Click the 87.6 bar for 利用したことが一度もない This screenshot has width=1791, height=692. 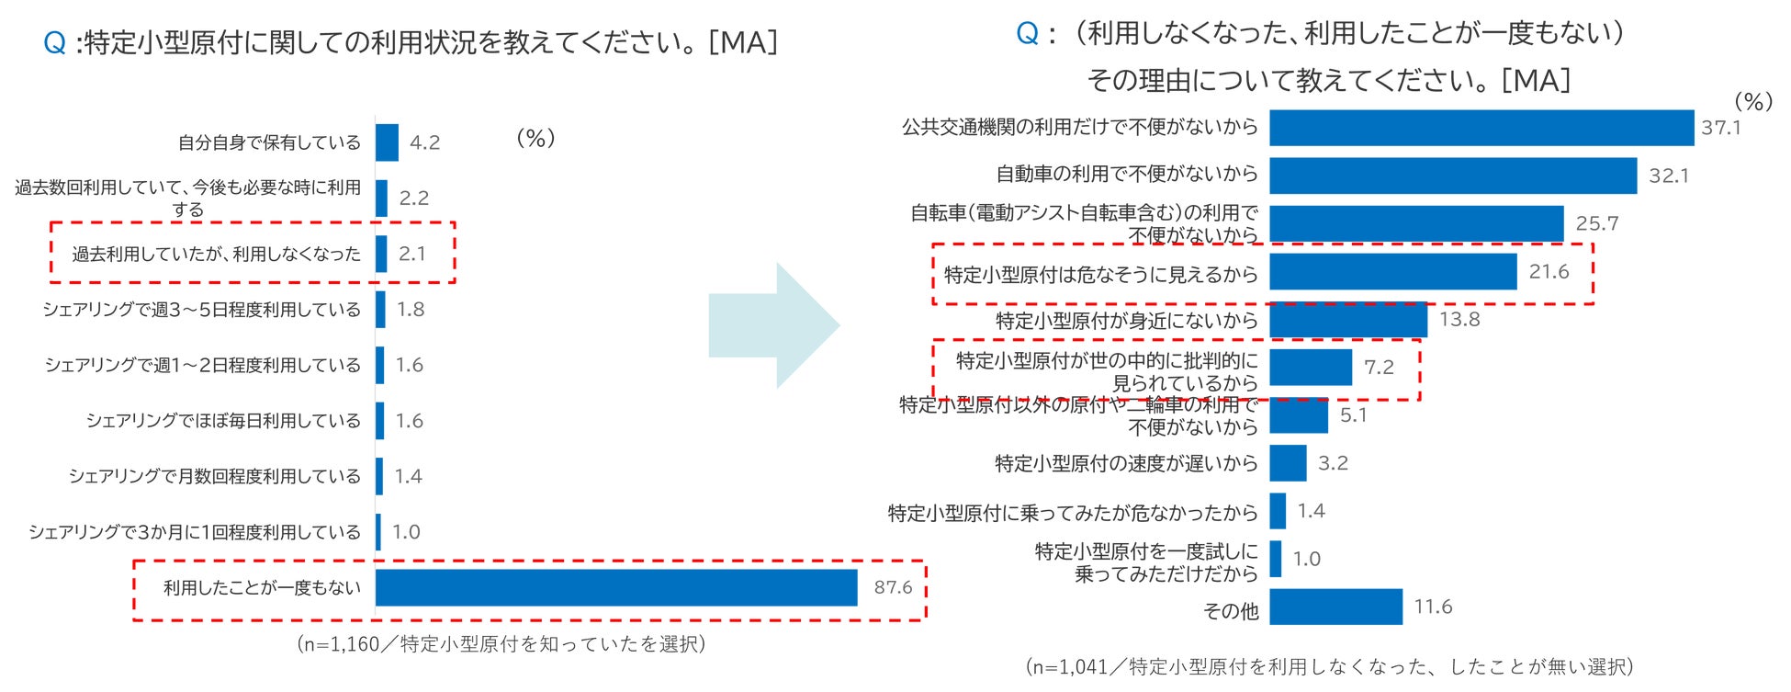[615, 587]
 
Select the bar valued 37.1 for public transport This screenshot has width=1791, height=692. [1481, 128]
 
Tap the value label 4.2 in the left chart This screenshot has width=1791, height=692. [424, 142]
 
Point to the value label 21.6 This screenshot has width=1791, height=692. [1549, 272]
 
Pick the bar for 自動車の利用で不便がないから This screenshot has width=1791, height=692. [1452, 176]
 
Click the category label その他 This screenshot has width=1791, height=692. [1230, 610]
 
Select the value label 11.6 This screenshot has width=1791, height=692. [1433, 607]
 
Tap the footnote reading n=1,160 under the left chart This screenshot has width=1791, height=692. [501, 644]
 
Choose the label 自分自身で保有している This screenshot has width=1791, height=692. [269, 142]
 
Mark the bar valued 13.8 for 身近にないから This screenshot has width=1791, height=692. [1347, 320]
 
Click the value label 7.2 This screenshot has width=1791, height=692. [1379, 368]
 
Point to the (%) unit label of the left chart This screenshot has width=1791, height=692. [535, 138]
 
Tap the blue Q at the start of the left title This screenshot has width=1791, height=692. [54, 42]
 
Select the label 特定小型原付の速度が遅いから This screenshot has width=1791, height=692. [1126, 463]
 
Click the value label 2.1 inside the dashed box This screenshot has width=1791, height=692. [412, 254]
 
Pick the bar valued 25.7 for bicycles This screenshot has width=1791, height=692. [1415, 223]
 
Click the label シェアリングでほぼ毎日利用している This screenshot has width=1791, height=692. [223, 421]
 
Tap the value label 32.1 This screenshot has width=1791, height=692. [1668, 176]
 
